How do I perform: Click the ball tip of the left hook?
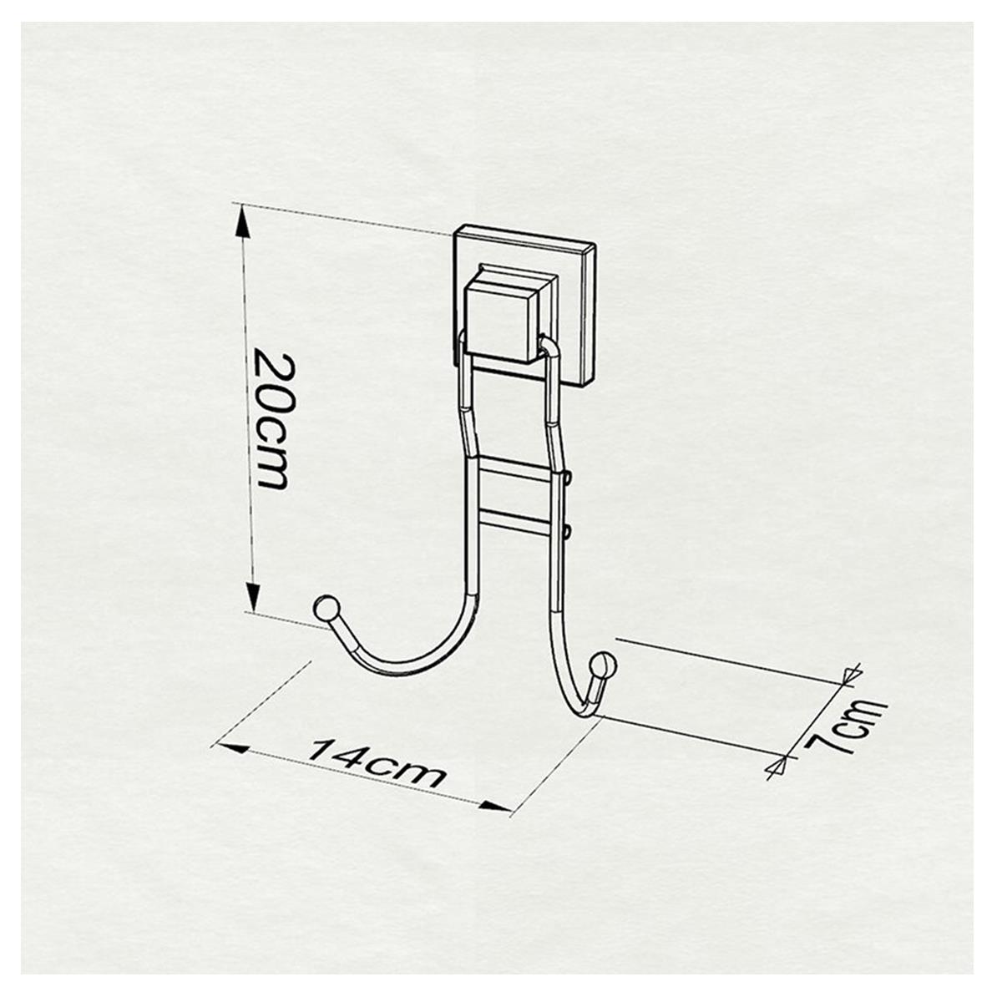coord(325,607)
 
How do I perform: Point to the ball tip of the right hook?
coord(603,667)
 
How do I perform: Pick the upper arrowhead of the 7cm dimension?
coord(852,675)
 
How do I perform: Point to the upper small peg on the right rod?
coord(568,478)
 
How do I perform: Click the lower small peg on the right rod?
coord(568,529)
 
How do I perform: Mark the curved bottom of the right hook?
coord(579,710)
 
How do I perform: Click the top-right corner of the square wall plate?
coord(595,245)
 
